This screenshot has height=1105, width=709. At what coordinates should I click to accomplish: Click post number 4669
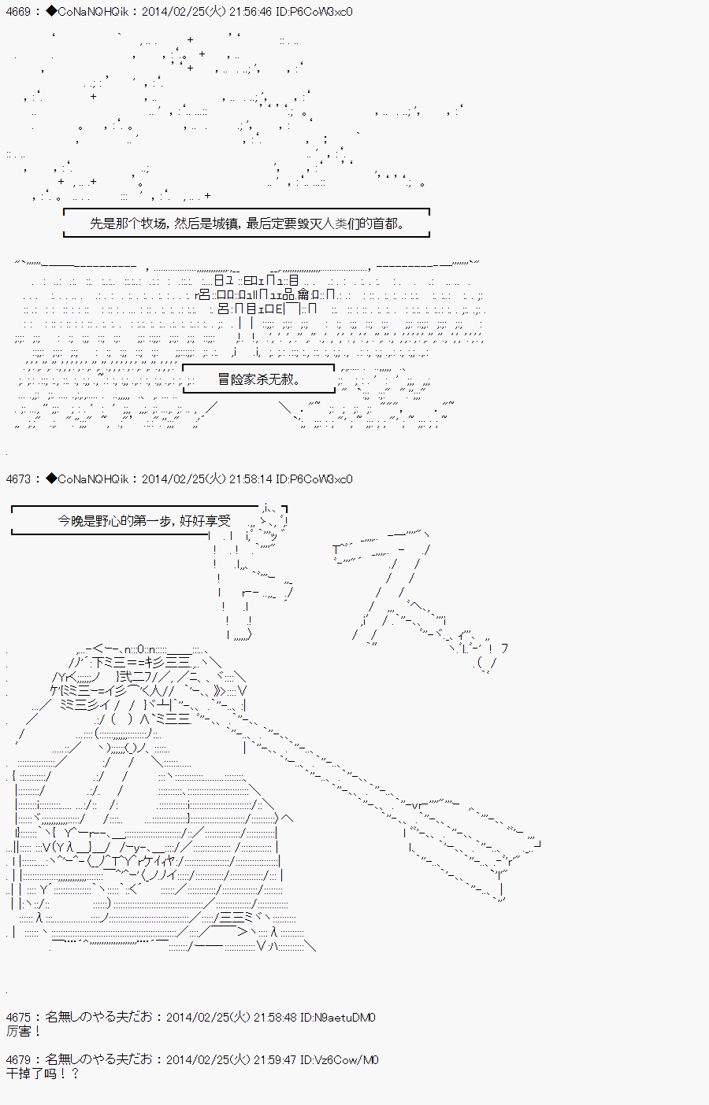tap(18, 11)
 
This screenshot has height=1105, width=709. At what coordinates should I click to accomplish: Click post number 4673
tap(18, 479)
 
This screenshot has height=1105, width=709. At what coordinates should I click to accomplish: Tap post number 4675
tap(18, 1017)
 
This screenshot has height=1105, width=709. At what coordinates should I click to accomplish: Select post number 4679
tap(18, 1059)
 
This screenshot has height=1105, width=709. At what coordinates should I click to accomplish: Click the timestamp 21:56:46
tap(249, 11)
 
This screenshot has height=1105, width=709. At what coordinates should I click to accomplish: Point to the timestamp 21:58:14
tap(249, 479)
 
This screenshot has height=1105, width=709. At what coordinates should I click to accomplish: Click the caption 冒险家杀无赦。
tap(258, 379)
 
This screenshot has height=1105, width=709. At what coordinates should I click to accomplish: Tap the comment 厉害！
tap(23, 1031)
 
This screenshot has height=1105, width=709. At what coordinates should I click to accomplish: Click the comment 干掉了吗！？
tap(43, 1074)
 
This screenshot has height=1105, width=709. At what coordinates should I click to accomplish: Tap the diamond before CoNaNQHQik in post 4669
tap(51, 11)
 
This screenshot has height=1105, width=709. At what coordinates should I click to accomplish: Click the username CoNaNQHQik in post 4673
tap(93, 479)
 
